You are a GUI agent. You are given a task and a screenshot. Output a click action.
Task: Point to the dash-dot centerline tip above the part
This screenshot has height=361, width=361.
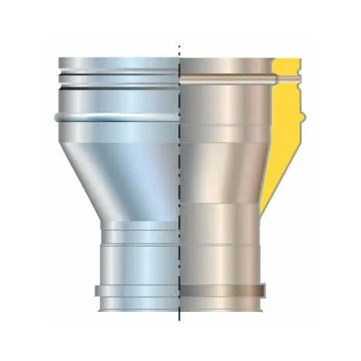click(x=179, y=46)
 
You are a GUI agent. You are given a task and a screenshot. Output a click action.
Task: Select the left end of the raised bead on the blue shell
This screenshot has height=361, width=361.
click(x=58, y=118)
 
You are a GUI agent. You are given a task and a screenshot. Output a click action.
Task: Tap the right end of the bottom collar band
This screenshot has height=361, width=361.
click(x=263, y=291)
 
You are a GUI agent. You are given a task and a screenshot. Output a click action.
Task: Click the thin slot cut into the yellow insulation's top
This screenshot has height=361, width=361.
click(x=286, y=79)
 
